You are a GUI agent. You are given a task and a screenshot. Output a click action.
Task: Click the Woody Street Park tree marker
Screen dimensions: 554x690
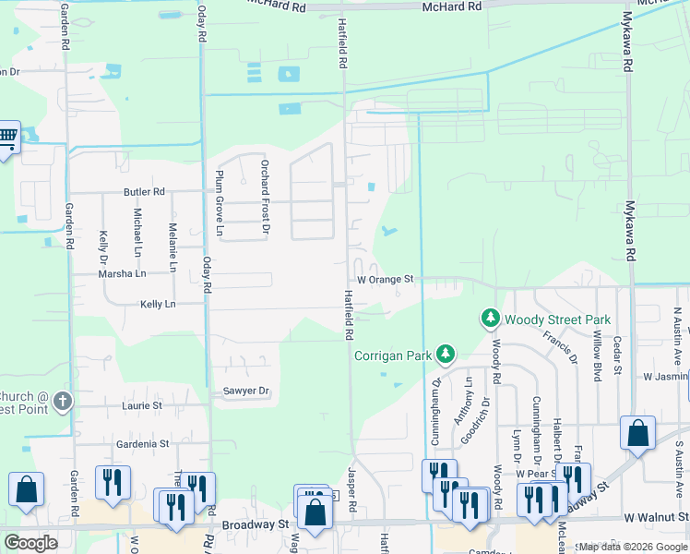(x=490, y=319)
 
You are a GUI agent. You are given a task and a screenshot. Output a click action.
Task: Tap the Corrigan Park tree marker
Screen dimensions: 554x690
(x=446, y=354)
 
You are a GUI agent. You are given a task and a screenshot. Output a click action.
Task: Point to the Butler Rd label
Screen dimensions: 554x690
(x=144, y=192)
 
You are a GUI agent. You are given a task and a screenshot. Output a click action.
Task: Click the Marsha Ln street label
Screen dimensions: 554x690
(x=124, y=274)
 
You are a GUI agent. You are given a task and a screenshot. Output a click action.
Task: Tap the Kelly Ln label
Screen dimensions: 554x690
(x=157, y=304)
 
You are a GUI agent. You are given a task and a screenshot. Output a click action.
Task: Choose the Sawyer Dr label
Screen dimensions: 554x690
(x=246, y=391)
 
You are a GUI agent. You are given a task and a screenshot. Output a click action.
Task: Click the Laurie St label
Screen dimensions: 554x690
(x=141, y=405)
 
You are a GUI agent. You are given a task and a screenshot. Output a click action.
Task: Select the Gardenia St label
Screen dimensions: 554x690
(x=143, y=444)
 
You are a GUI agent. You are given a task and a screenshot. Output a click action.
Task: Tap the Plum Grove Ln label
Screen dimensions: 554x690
(x=220, y=201)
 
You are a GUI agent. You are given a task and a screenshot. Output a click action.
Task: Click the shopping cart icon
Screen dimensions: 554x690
(x=7, y=138)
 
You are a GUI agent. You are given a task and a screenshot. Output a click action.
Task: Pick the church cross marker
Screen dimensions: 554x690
(x=62, y=401)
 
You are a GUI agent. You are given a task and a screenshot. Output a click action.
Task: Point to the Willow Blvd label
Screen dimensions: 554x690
(x=598, y=355)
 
